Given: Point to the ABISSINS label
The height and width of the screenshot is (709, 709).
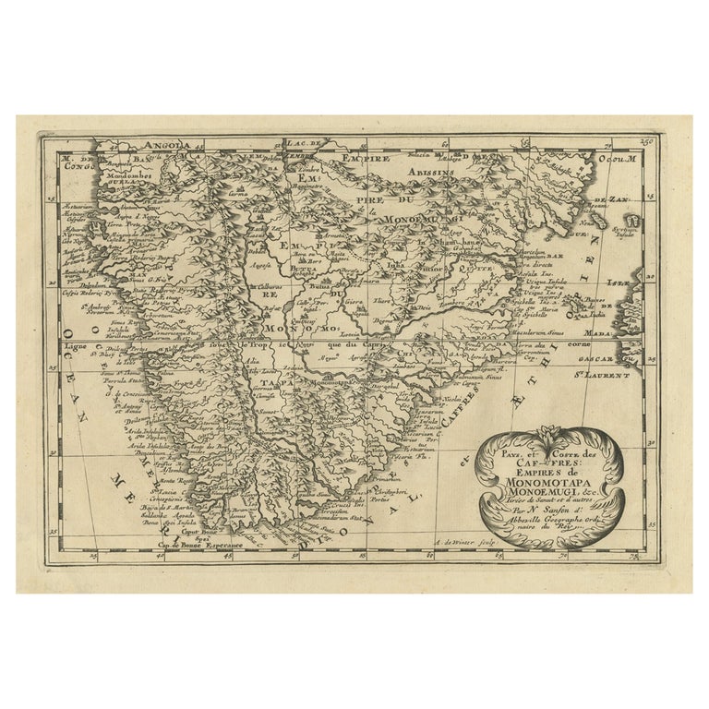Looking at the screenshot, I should (x=435, y=172).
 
